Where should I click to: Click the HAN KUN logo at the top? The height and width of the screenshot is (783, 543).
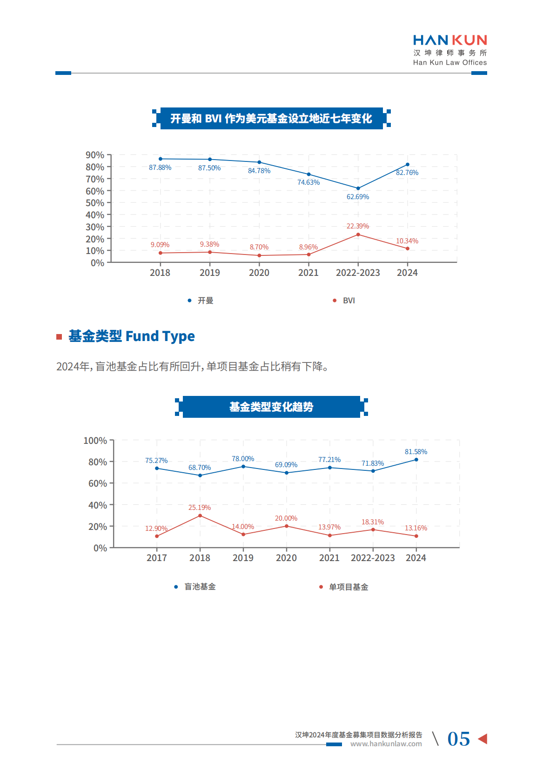449,50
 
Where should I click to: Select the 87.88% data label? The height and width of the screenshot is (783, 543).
160,167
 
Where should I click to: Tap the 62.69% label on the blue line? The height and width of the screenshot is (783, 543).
357,197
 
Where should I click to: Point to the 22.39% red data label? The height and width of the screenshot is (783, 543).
357,226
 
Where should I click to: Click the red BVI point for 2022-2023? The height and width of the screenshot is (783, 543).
358,234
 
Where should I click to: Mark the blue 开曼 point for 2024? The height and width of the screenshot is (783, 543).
408,164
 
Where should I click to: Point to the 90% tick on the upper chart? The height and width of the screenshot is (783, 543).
95,155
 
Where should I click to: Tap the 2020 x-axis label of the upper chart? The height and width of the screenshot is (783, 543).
259,273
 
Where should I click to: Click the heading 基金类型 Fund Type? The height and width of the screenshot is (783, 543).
131,336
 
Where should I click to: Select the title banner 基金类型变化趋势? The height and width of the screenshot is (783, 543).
271,407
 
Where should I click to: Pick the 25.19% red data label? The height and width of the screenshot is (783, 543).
199,508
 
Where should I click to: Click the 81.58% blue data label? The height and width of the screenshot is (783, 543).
416,452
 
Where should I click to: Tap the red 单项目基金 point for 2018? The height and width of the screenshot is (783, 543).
200,515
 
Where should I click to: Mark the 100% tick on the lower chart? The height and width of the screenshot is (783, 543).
95,441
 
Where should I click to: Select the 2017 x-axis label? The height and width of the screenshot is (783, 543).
156,558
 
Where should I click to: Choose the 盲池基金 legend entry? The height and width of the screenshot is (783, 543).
200,587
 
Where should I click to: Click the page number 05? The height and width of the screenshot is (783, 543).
458,739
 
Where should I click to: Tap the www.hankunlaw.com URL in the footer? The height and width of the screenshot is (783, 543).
386,744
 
